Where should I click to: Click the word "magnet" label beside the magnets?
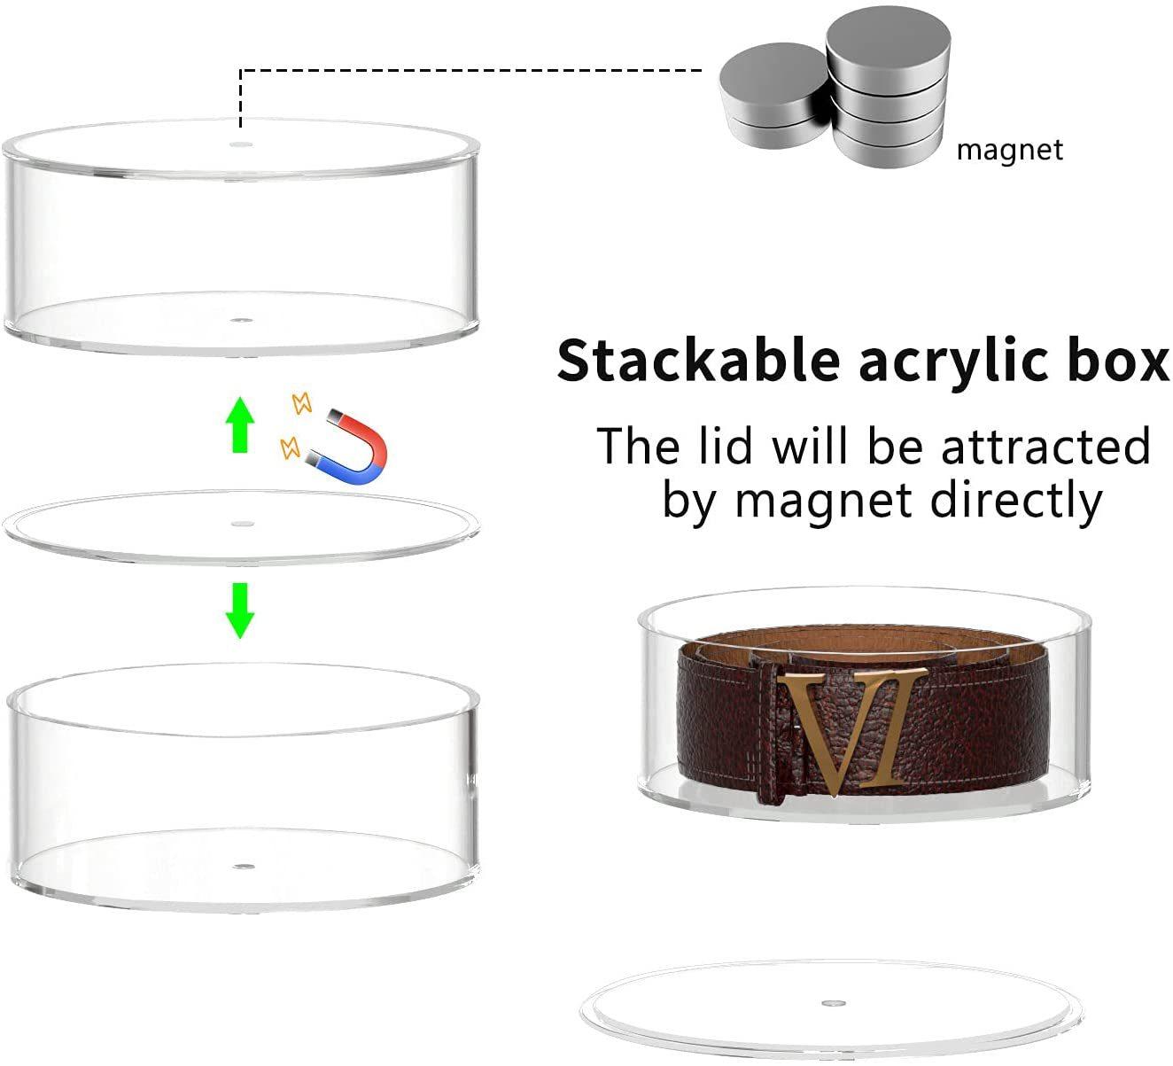tap(1009, 150)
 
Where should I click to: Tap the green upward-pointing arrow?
tap(239, 425)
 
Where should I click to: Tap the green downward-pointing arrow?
tap(239, 610)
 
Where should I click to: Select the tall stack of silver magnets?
tap(889, 89)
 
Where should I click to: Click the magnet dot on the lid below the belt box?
tap(831, 1004)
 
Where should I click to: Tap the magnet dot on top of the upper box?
tap(240, 144)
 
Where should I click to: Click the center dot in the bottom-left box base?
tap(242, 863)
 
